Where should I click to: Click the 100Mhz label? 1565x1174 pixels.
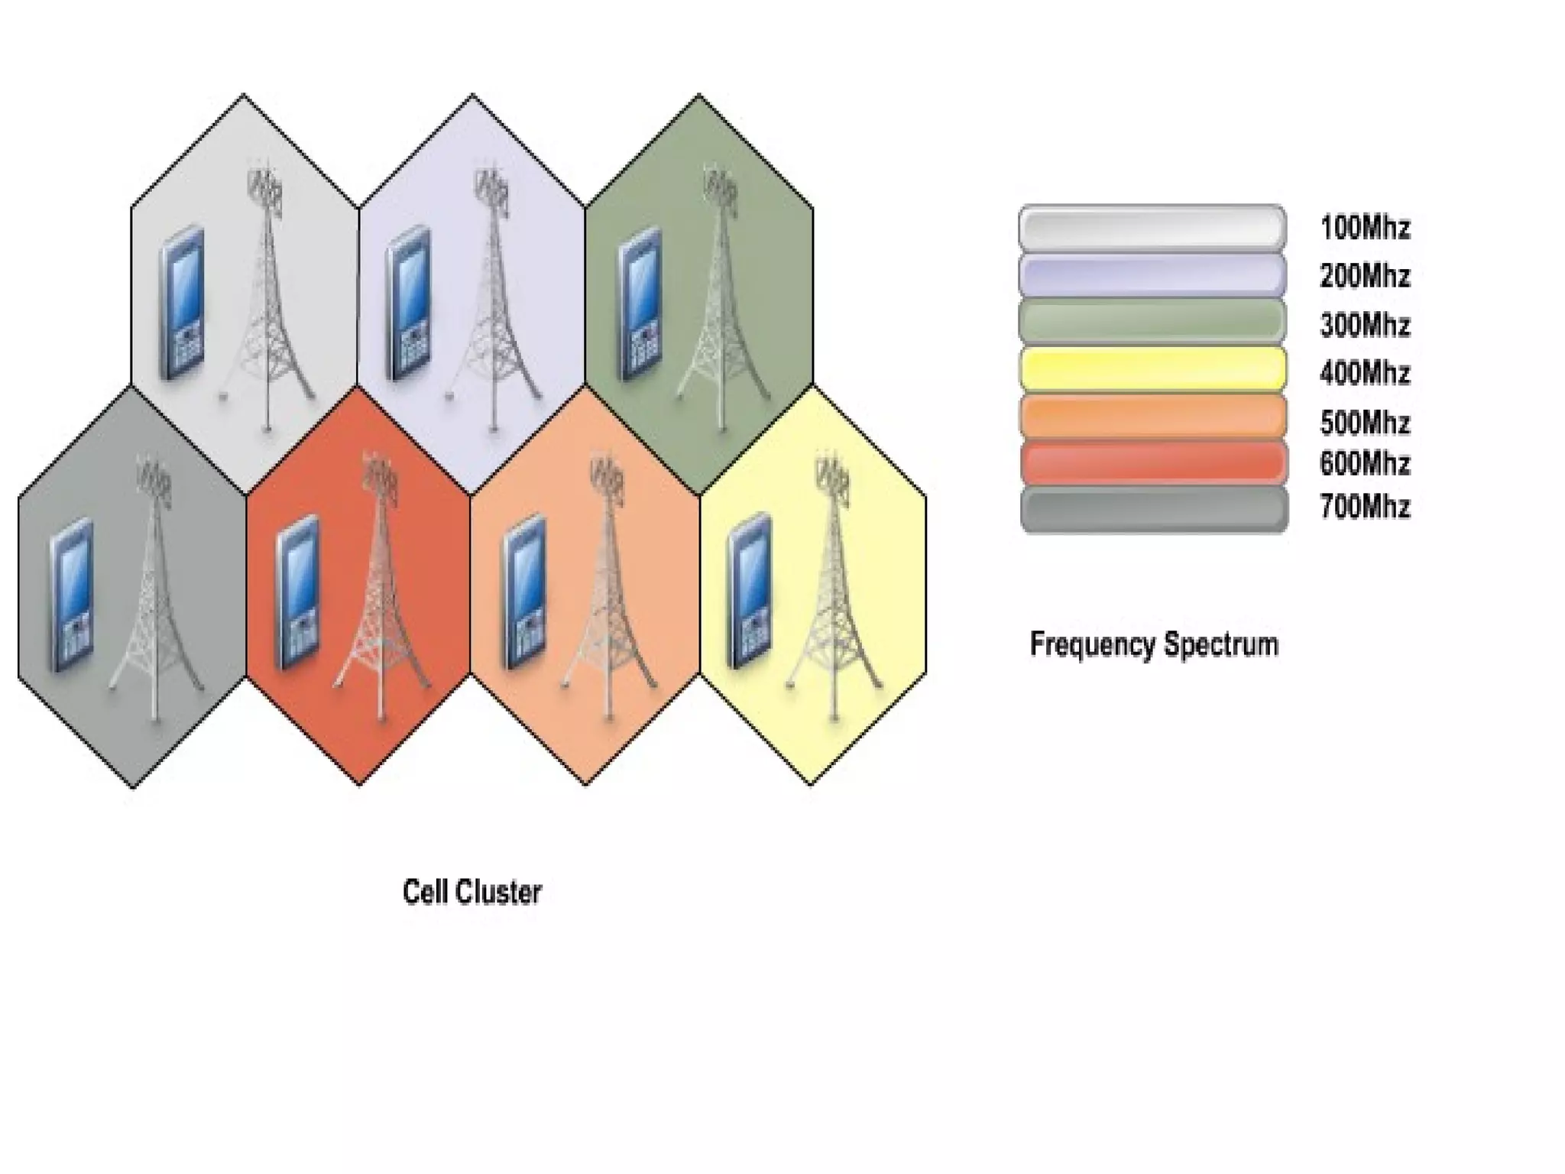(x=1365, y=228)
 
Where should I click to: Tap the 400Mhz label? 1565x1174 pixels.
(x=1365, y=374)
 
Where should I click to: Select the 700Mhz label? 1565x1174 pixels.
(x=1365, y=507)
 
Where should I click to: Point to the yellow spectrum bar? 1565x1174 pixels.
(x=1152, y=369)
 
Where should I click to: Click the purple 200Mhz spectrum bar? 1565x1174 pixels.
(x=1152, y=275)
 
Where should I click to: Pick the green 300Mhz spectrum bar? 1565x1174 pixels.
(x=1152, y=322)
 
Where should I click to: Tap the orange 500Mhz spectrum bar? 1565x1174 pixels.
(x=1152, y=417)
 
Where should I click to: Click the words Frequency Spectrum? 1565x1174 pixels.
(x=1154, y=644)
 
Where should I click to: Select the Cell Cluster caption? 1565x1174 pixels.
(x=472, y=892)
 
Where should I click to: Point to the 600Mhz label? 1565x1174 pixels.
(x=1365, y=463)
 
